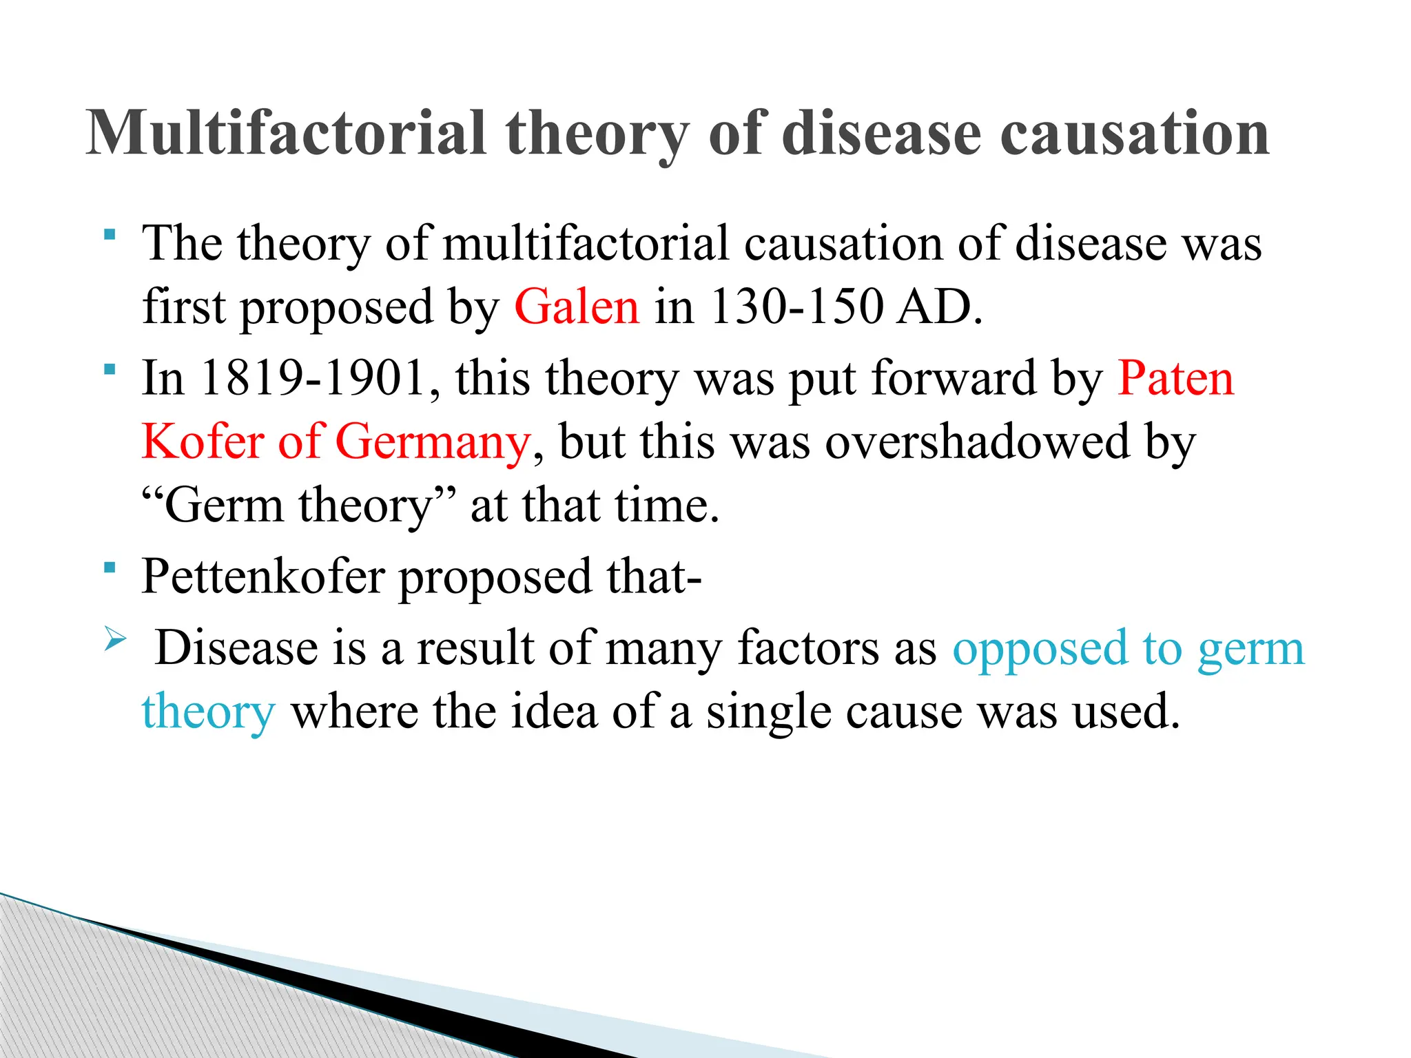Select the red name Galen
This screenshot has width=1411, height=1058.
(x=577, y=307)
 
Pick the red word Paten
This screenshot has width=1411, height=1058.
(x=1175, y=378)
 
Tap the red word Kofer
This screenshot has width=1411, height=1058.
(x=203, y=442)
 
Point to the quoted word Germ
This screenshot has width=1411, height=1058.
(x=224, y=506)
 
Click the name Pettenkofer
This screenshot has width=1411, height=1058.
(x=263, y=577)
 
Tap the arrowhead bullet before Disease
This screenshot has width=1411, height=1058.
(x=114, y=640)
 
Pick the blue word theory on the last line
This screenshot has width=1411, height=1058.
(x=209, y=712)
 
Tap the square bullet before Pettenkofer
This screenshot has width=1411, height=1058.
(x=110, y=568)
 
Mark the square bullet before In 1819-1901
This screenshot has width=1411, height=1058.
(x=110, y=370)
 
